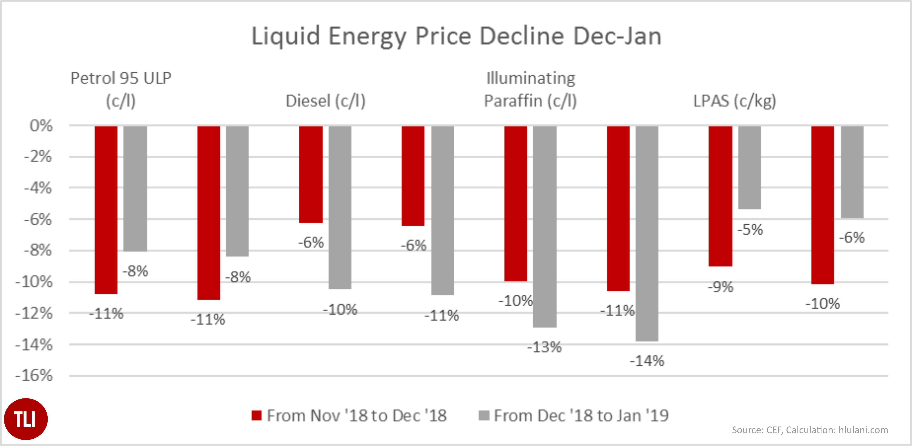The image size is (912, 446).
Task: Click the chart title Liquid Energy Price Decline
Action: pos(456,36)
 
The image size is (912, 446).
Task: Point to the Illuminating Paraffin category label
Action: pos(530,89)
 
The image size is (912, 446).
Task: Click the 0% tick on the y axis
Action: pos(41,126)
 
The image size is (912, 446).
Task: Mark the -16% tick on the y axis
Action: pos(34,375)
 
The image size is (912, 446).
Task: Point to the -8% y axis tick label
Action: pos(37,251)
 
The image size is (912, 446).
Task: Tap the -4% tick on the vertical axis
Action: pos(37,188)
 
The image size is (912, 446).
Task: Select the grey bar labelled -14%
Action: pos(647,234)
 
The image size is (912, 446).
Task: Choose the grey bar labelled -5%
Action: pos(749,167)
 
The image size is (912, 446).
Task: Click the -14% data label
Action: pos(647,361)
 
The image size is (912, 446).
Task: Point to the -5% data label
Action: pos(750,230)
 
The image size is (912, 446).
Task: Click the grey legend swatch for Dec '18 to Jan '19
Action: pos(484,415)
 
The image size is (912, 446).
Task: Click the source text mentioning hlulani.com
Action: pos(810,430)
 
